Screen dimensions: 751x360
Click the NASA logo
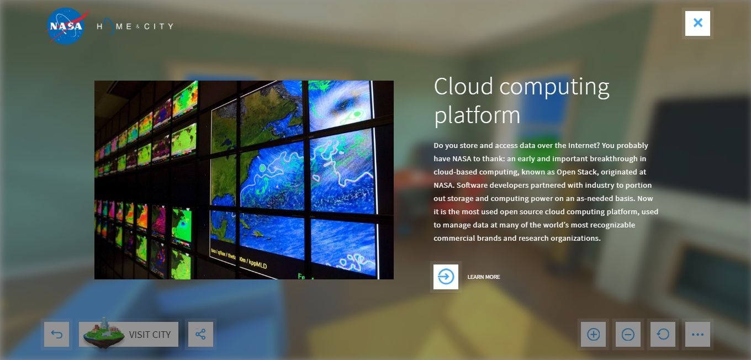(67, 26)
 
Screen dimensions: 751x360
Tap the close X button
(697, 23)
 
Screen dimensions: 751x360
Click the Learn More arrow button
(446, 277)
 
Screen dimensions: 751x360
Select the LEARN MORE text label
(484, 277)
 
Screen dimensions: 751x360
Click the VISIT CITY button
(129, 334)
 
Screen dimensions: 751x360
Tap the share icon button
(200, 334)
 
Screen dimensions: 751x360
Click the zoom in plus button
(593, 334)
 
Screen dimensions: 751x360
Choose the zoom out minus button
(628, 334)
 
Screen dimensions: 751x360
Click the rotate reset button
(663, 334)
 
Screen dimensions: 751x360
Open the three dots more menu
(697, 334)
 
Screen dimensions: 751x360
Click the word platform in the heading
(477, 115)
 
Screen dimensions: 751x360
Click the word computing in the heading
(554, 87)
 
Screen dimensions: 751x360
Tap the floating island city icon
(104, 333)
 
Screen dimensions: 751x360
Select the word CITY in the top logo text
(158, 27)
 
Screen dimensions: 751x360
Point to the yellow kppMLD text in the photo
(258, 263)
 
